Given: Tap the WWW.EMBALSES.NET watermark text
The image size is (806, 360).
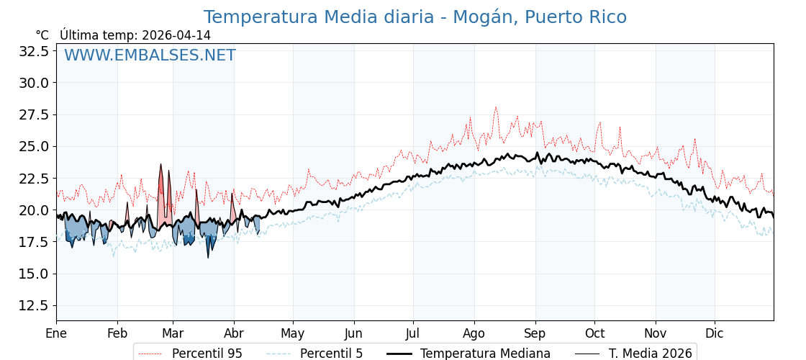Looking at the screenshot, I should [150, 55].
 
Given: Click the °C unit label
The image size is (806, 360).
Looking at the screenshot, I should [42, 35].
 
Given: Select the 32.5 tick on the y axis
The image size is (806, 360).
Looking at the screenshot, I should [34, 51].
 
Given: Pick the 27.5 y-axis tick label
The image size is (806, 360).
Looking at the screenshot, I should [34, 114].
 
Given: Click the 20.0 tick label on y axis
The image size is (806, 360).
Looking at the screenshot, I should [34, 210].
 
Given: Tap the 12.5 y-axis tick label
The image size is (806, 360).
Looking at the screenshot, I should [34, 305].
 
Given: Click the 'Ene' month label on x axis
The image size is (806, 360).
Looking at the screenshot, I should [56, 333].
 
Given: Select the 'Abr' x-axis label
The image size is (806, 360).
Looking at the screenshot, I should [234, 333].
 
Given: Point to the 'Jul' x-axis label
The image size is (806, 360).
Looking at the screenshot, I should [413, 333].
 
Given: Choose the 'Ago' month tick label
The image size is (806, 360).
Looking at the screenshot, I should [474, 333].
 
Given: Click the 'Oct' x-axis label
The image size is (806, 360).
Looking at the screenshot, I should [594, 333].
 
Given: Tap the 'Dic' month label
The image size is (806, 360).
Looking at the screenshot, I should [715, 333].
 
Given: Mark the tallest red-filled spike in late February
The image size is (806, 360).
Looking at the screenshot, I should [161, 166].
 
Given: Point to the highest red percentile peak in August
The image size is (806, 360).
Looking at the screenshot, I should [495, 107].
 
